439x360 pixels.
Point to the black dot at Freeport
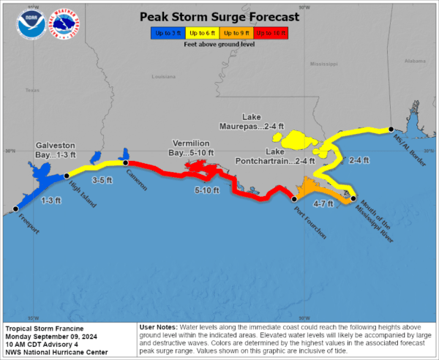[15, 209]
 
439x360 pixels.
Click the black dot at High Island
[67, 176]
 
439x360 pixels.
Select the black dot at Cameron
[125, 162]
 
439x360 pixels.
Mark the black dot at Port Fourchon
[294, 198]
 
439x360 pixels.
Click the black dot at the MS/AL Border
[390, 127]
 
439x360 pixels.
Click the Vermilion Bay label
[192, 147]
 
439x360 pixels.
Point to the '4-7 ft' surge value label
[323, 203]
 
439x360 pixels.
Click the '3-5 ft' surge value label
[101, 179]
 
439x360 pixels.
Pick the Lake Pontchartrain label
[274, 155]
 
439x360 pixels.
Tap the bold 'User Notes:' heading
[159, 329]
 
